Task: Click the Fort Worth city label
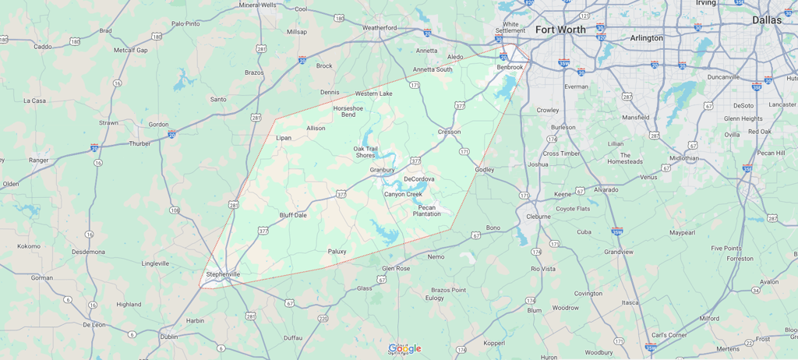coord(560,30)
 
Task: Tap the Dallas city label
coord(767,20)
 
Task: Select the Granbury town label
coord(382,170)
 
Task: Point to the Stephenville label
coord(223,274)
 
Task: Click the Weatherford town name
coord(380,27)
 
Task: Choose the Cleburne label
coord(538,216)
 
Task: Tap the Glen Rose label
coord(395,268)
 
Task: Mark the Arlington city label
coord(646,37)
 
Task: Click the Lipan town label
coord(284,138)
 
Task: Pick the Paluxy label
coord(337,251)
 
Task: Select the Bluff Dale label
coord(293,215)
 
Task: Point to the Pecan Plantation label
coord(426,210)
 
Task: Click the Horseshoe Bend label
coord(348,111)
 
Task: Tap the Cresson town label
coord(449,132)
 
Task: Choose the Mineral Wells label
coord(257,5)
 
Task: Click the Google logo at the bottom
coord(404,348)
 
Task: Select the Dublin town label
coord(168,337)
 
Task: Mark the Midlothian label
coord(683,158)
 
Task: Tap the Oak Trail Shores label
coord(365,152)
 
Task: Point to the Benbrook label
coord(510,67)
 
